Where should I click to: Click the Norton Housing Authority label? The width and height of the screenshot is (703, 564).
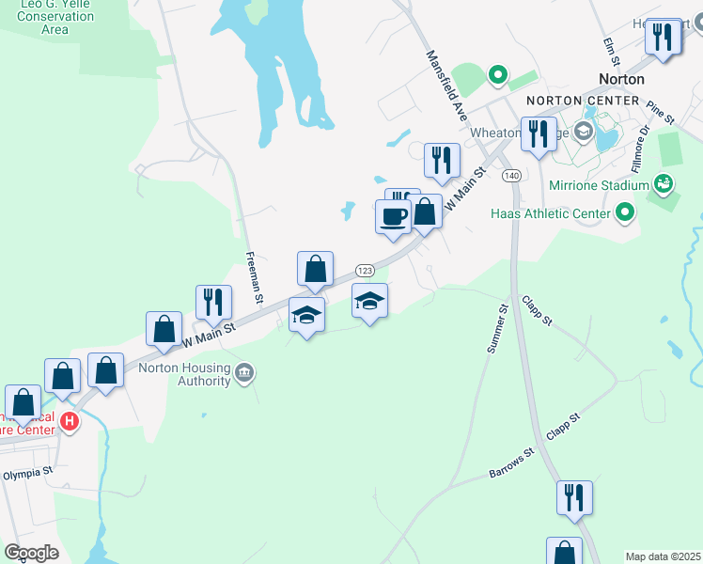click(185, 374)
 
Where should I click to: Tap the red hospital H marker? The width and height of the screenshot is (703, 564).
click(69, 421)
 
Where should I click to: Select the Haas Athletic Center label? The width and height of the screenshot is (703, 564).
click(551, 213)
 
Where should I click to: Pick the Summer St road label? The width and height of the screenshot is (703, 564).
click(497, 329)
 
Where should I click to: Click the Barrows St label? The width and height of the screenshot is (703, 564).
click(512, 463)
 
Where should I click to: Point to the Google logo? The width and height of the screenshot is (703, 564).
click(31, 553)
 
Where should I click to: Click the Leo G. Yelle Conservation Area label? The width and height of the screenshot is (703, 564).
click(55, 17)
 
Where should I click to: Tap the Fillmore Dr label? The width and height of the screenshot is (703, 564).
click(639, 149)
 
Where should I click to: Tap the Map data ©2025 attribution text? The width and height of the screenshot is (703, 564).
click(663, 556)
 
